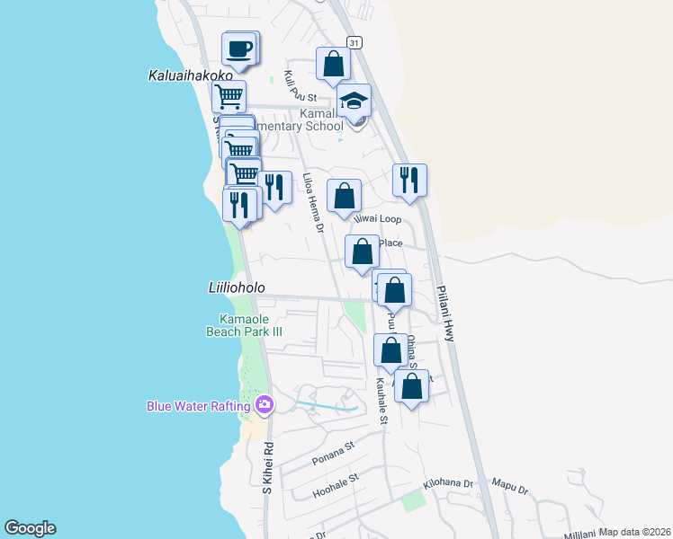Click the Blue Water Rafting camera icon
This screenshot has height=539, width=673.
click(264, 405)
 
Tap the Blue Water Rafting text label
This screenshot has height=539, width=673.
click(198, 406)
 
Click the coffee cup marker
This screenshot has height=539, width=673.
click(239, 50)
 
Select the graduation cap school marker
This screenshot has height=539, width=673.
click(354, 102)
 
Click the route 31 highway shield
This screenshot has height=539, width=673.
click(354, 42)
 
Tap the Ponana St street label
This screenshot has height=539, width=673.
click(334, 450)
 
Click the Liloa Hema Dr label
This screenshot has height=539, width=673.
click(312, 203)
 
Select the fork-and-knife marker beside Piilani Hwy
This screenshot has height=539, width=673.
click(409, 180)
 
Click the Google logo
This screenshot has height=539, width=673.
click(30, 528)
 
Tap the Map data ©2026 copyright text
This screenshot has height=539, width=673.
click(635, 532)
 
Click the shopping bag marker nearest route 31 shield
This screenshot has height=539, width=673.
click(333, 64)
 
